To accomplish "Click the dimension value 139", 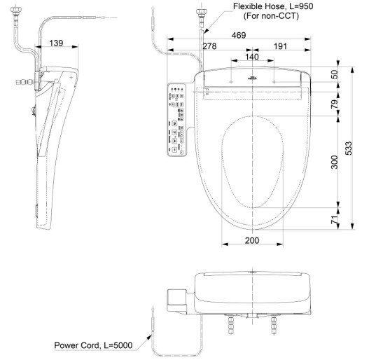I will pyautogui.click(x=57, y=43).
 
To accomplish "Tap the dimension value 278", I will pyautogui.click(x=208, y=46).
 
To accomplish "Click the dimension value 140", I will pyautogui.click(x=251, y=56).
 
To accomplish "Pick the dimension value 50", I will pyautogui.click(x=335, y=74).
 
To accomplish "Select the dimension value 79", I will pyautogui.click(x=335, y=104).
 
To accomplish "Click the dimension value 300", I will pyautogui.click(x=335, y=162).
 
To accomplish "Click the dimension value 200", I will pyautogui.click(x=252, y=240).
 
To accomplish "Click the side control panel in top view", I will pyautogui.click(x=176, y=119).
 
